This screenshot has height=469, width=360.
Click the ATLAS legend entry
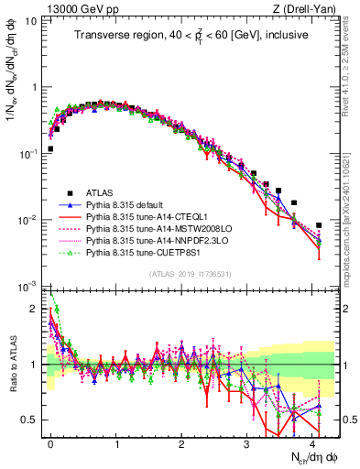pyautogui.click(x=100, y=192)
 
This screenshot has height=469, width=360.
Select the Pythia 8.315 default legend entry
pyautogui.click(x=129, y=205)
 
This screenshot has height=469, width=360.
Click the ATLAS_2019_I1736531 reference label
pyautogui.click(x=187, y=275)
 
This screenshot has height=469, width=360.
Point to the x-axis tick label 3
pyautogui.click(x=246, y=442)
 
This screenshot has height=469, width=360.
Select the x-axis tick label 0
pyautogui.click(x=50, y=442)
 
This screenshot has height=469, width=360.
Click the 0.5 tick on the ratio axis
pyautogui.click(x=30, y=420)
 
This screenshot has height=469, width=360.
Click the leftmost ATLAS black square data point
pyautogui.click(x=50, y=148)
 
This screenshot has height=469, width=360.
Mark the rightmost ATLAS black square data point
pyautogui.click(x=319, y=225)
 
